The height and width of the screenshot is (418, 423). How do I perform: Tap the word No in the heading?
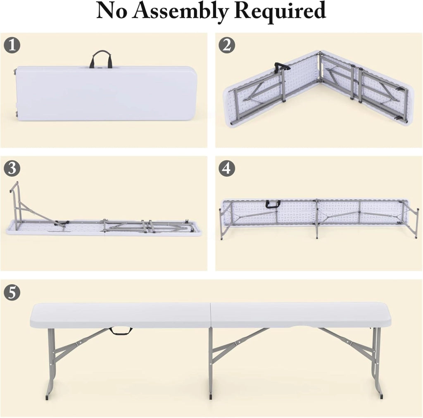(x=112, y=10)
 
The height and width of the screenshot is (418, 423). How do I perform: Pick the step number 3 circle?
(x=12, y=168)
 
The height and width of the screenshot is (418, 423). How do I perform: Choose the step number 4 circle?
(x=227, y=168)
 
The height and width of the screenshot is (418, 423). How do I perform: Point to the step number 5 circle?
(x=12, y=292)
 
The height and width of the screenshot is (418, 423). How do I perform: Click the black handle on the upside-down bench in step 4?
(x=273, y=204)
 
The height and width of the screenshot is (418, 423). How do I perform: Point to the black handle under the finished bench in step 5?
(x=121, y=331)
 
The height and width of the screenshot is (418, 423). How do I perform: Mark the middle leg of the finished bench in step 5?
(x=211, y=362)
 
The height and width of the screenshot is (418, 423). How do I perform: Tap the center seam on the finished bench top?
(x=210, y=315)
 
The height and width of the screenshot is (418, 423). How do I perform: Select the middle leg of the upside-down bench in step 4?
(x=316, y=219)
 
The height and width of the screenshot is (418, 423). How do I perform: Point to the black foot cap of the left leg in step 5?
(x=47, y=397)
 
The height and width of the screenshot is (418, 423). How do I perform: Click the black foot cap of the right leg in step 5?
(x=381, y=396)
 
